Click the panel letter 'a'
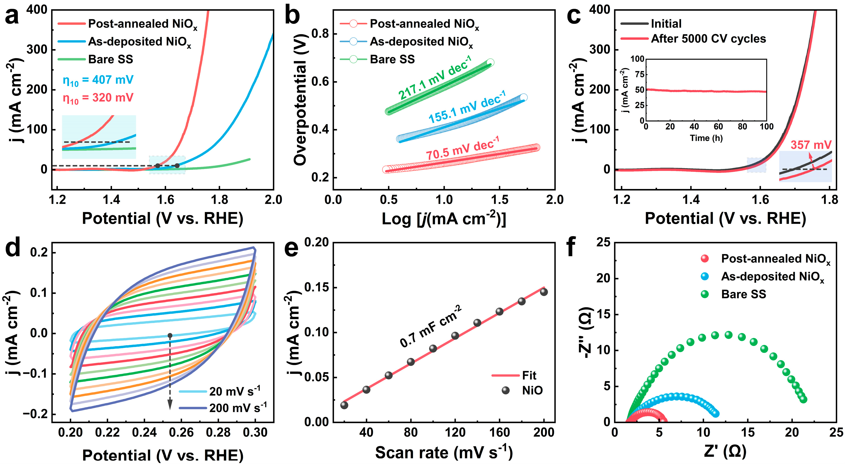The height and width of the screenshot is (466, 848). coord(12,16)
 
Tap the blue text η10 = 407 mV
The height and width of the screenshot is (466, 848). coord(98,80)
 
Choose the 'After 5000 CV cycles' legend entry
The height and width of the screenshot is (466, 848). coord(708,39)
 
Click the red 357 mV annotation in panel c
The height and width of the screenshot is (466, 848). coord(811,145)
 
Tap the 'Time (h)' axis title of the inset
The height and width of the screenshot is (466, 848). coord(706,138)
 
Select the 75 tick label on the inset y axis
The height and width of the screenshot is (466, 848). coord(639,74)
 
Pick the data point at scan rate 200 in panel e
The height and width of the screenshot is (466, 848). coord(544,292)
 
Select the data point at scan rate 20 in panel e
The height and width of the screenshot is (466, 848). coord(344,405)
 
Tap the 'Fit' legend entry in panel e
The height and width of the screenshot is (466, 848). coord(529,375)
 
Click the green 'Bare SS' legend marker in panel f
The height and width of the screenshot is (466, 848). coord(704,294)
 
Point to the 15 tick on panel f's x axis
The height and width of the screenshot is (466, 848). coord(748,432)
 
